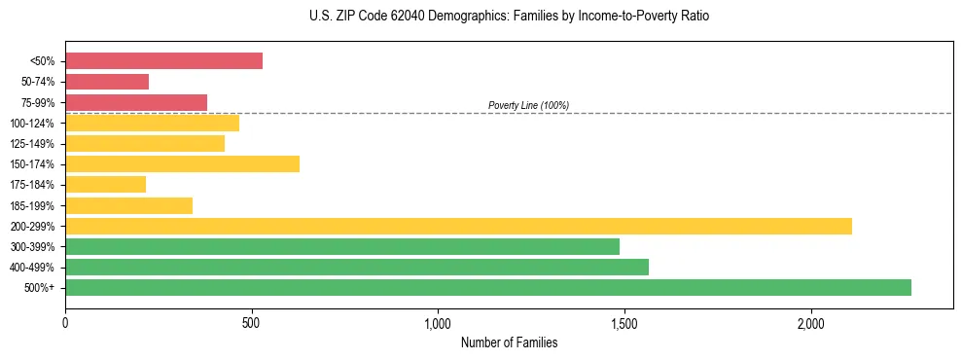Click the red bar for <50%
163,61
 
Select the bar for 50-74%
107,82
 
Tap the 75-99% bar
136,102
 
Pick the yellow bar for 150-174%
182,163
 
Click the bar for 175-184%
105,185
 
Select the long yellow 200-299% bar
458,226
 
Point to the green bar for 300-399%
342,246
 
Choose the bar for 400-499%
357,267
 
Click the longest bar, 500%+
488,287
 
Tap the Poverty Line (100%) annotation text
528,105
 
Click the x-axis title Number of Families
509,342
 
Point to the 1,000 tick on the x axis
438,321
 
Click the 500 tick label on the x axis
252,321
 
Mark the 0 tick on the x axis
65,321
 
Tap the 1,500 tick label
624,321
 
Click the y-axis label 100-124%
32,124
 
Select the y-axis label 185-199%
32,205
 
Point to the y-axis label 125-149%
32,144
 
